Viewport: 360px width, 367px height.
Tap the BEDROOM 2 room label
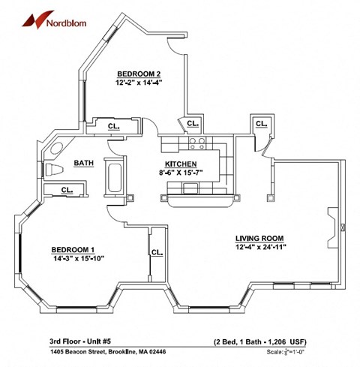tap(139, 73)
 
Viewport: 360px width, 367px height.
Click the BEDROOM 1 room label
tap(73, 249)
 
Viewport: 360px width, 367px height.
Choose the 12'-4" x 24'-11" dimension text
tap(260, 246)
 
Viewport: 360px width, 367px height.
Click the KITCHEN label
tap(181, 164)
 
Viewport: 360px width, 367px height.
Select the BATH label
tap(83, 163)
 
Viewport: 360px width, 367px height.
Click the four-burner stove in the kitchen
tap(196, 143)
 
